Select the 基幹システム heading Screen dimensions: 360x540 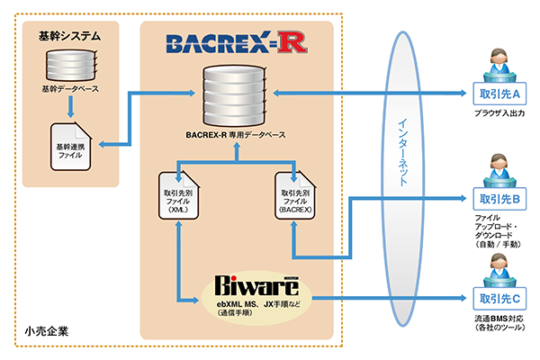[x=68, y=37]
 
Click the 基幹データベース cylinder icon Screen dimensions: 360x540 [x=69, y=67]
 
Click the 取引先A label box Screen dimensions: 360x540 [x=494, y=94]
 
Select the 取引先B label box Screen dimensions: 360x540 [x=494, y=197]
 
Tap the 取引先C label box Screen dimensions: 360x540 [x=494, y=298]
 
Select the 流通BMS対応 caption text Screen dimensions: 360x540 [x=497, y=319]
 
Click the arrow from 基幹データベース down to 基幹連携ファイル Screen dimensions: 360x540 [x=69, y=107]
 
